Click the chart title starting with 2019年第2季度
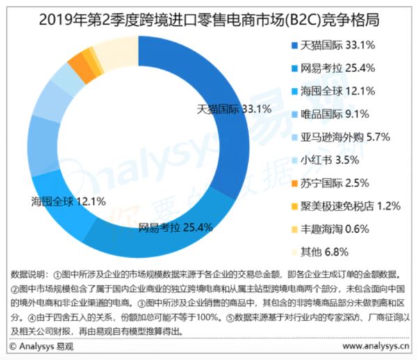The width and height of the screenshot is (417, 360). [208, 15]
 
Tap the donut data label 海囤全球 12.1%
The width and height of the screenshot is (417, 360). [68, 202]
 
